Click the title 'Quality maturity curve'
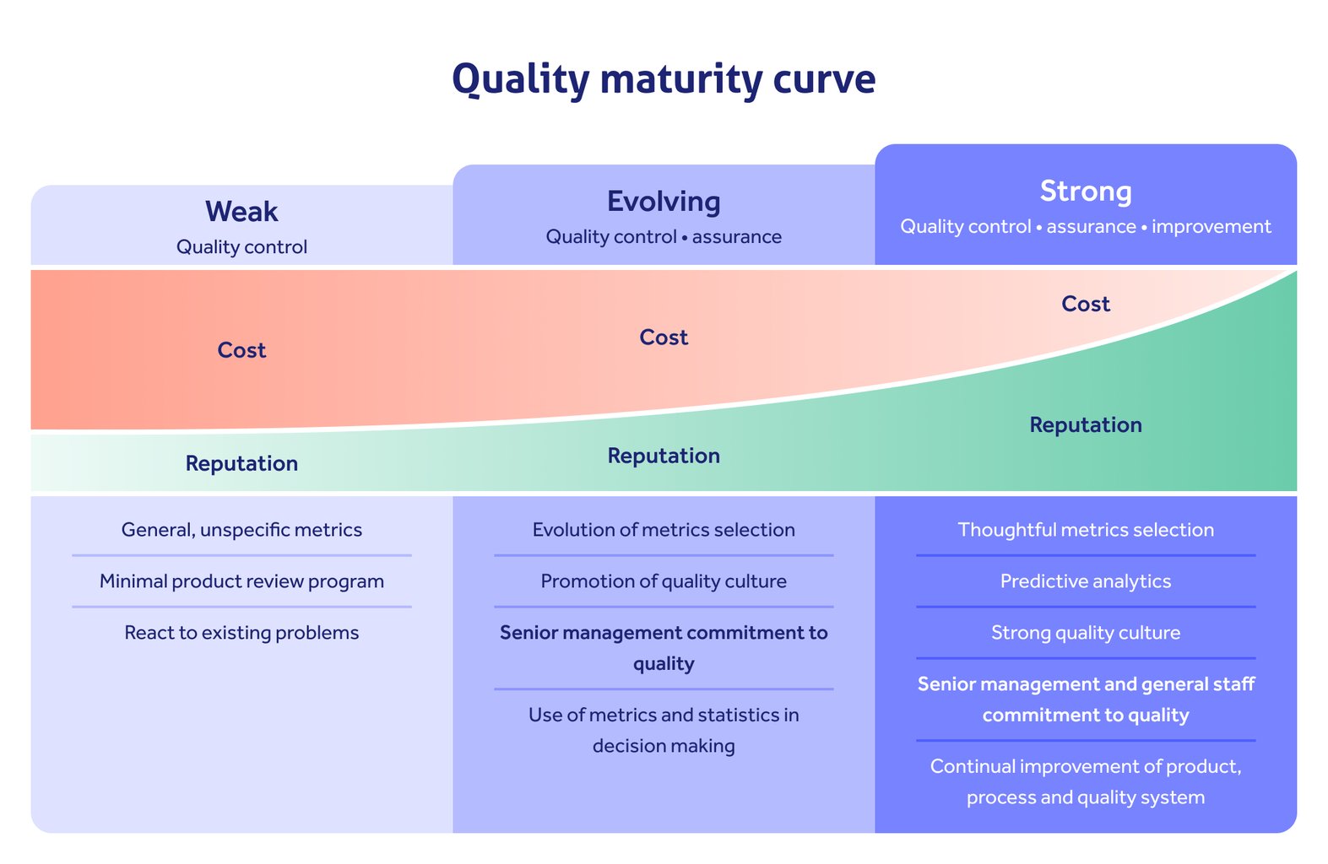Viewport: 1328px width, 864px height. pos(664,79)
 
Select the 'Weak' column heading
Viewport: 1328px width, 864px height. pos(241,212)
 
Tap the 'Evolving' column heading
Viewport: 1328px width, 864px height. pos(664,202)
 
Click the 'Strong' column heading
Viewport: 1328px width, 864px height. pos(1086,192)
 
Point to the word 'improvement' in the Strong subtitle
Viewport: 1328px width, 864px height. pos(1211,227)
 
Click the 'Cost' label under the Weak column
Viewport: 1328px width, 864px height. pos(241,350)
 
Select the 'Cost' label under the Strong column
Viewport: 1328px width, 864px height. pos(1086,304)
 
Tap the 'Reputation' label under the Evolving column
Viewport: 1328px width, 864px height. pos(664,456)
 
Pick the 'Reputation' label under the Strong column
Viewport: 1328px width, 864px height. pos(1086,425)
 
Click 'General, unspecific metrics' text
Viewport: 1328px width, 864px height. pos(241,530)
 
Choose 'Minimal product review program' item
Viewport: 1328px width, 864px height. pos(241,581)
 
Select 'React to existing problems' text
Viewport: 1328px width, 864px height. pos(241,633)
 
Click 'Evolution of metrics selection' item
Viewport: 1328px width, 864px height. pos(664,530)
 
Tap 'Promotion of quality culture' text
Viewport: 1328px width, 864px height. pos(664,581)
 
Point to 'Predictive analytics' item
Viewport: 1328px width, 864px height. pos(1086,581)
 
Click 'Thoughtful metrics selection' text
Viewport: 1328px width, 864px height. pos(1086,530)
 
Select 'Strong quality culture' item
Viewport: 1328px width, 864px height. pos(1086,633)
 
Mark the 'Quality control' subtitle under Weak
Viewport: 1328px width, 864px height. pos(241,247)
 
